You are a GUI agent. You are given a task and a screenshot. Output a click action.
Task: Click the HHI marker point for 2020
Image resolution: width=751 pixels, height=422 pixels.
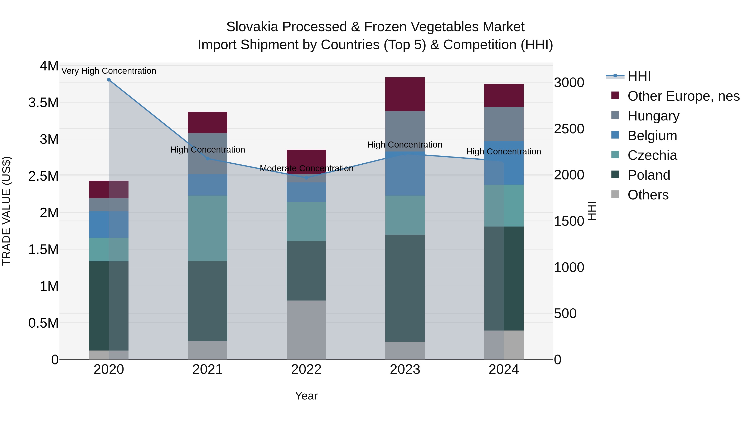[x=109, y=80]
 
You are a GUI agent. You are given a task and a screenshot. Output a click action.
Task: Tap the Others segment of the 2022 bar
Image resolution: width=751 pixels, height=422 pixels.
[x=306, y=330]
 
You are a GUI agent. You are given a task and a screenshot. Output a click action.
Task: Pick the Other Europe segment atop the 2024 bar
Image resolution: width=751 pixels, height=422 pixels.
[x=504, y=95]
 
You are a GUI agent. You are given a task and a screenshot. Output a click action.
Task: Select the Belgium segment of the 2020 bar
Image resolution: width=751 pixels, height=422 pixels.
[x=109, y=224]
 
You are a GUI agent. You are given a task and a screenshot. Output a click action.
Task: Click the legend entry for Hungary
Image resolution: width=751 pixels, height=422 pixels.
[x=653, y=116]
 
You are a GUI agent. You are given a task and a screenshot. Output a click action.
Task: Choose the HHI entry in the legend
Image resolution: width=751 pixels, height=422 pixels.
[x=639, y=76]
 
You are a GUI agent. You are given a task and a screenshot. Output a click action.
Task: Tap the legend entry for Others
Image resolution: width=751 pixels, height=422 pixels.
[x=648, y=195]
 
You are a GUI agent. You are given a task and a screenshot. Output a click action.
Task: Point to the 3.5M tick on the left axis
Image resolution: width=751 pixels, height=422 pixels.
[x=43, y=103]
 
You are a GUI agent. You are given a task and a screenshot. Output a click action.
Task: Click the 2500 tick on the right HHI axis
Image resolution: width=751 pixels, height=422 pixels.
[x=569, y=129]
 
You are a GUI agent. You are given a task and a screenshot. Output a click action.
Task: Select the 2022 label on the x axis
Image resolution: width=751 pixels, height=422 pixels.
[x=306, y=369]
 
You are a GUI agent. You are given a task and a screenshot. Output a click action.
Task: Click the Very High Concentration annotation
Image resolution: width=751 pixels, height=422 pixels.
[x=109, y=71]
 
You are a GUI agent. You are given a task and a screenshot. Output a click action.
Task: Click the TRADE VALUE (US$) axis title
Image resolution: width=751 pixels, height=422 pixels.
[x=6, y=211]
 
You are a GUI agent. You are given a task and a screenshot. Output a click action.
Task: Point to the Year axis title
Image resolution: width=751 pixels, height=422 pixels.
[x=306, y=396]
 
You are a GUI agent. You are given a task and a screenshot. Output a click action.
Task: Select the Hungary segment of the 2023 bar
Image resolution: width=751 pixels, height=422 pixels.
[x=405, y=131]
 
